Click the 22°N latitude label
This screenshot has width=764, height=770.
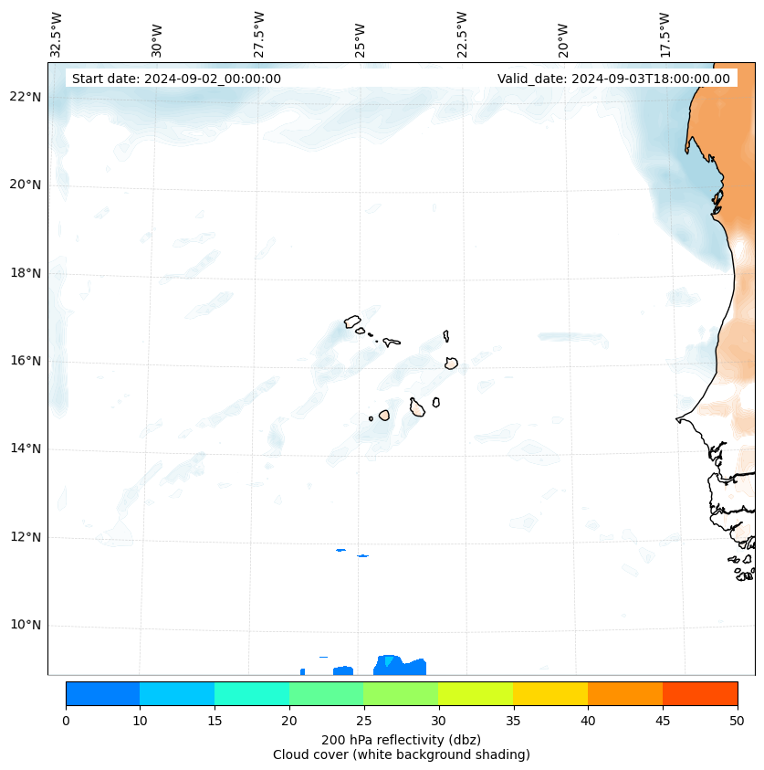(25, 98)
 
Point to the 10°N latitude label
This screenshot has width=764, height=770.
(25, 626)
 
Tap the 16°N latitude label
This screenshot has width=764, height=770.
(25, 362)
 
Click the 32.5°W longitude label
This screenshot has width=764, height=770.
(57, 35)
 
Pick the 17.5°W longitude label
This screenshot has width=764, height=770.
(665, 35)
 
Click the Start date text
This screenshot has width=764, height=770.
(176, 79)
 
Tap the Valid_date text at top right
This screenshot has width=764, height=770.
(613, 79)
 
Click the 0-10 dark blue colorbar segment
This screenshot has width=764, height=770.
(102, 693)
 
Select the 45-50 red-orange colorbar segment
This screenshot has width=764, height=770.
(700, 693)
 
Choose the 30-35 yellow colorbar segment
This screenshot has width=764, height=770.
(476, 693)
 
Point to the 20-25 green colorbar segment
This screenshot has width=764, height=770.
(326, 693)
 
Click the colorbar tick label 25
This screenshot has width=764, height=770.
(363, 722)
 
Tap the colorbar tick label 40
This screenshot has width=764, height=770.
(588, 722)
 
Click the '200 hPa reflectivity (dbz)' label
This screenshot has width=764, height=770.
(401, 739)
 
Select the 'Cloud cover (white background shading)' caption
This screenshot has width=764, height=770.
(401, 754)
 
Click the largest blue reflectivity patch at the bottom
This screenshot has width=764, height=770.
(401, 666)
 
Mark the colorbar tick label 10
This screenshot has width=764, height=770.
(140, 722)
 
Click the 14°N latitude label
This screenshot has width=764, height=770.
(25, 449)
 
